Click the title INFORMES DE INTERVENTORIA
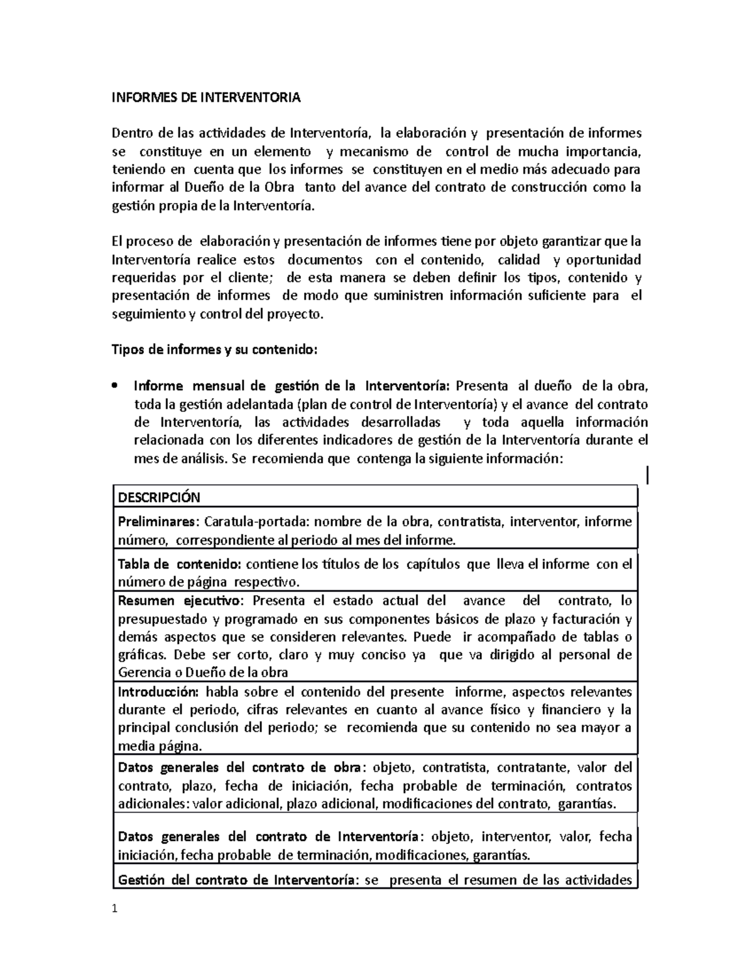(x=206, y=98)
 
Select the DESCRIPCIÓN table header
(x=159, y=498)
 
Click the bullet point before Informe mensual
(x=114, y=386)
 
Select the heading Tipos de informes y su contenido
(x=215, y=350)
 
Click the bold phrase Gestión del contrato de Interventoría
(x=238, y=879)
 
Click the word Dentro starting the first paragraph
(x=133, y=133)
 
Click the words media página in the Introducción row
(x=160, y=747)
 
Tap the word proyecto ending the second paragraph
(x=299, y=314)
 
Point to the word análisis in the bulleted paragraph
(x=202, y=459)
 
